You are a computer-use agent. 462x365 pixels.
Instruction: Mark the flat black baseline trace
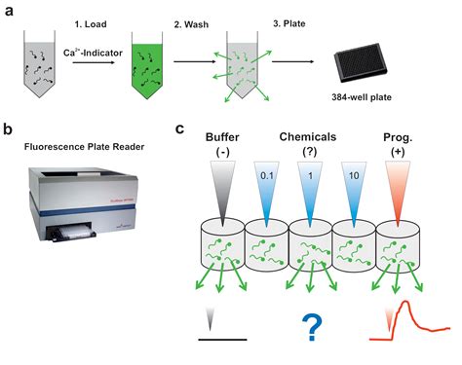[x=223, y=341]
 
